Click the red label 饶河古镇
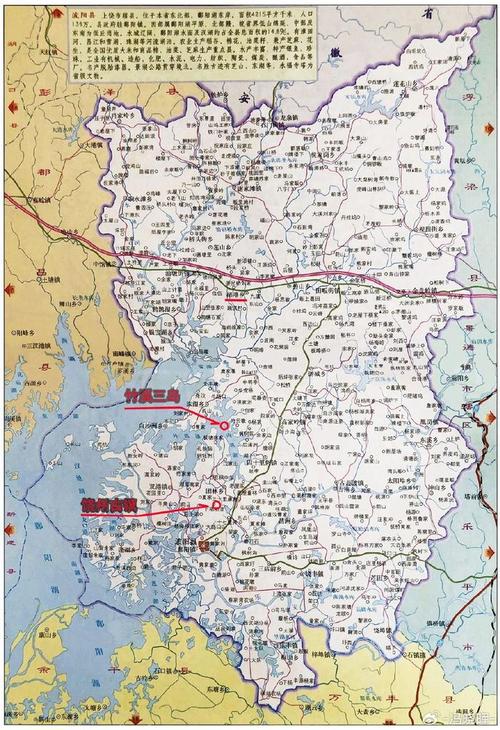[x=108, y=506]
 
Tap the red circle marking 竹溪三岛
[x=223, y=424]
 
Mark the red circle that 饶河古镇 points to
[x=215, y=506]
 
